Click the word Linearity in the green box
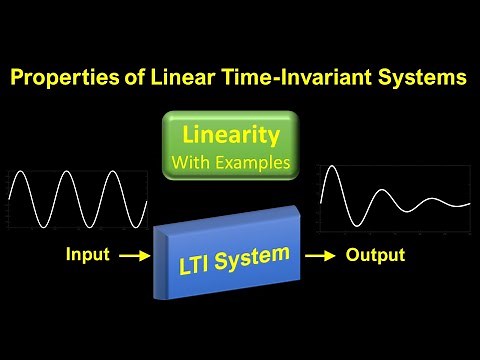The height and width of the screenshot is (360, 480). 231,134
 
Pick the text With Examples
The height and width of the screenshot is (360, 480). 231,161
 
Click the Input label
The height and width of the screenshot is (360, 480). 87,255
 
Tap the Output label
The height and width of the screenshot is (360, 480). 375,255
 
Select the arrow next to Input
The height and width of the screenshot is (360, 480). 130,256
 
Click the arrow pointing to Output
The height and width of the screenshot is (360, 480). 320,256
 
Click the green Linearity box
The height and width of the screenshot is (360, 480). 231,146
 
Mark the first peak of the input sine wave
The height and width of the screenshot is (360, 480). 22,174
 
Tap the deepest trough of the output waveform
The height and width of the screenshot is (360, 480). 351,226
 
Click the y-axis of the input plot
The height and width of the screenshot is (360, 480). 10,200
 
